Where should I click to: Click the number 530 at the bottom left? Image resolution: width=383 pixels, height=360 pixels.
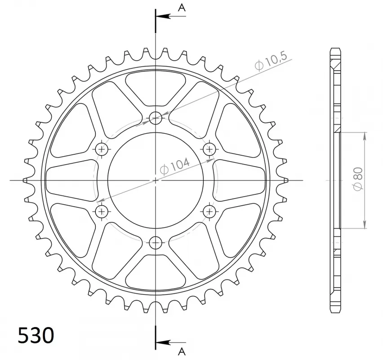coord(36,336)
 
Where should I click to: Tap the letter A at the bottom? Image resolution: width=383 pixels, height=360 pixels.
coord(181,351)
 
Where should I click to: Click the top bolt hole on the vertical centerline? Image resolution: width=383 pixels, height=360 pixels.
coord(156,118)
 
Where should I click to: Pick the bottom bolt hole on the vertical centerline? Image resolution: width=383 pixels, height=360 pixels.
coord(156,242)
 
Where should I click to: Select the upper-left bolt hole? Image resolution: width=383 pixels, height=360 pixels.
coord(102,149)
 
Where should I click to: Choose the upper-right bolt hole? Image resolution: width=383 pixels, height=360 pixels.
coord(209,149)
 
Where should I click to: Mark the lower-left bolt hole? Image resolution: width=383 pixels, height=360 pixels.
coord(102,211)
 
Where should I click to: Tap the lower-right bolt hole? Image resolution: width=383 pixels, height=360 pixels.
coord(209,211)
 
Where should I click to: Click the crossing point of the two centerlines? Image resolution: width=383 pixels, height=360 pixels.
coord(156,180)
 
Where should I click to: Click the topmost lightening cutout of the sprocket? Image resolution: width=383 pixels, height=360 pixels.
coord(156,85)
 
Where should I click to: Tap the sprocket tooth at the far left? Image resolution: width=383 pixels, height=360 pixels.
coord(26,180)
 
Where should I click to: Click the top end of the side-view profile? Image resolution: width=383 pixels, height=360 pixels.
coord(335,49)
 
